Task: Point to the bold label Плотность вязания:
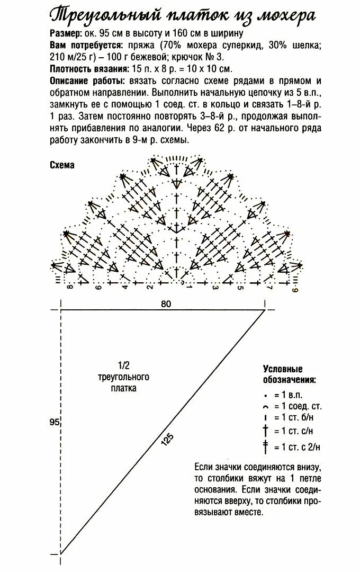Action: [x=89, y=69]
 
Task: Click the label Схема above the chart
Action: [x=62, y=165]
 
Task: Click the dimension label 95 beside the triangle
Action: [x=54, y=422]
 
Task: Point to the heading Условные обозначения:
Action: [x=290, y=374]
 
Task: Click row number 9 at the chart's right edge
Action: [x=295, y=289]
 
